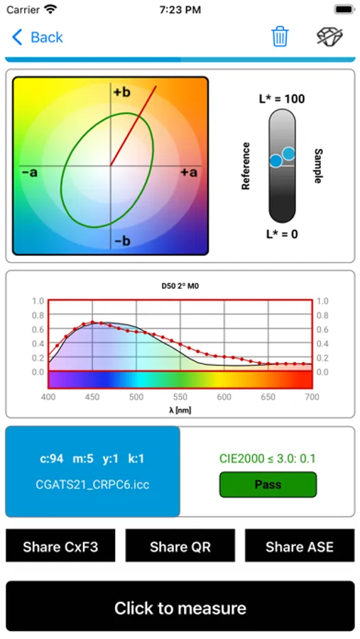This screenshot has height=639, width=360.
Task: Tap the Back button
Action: pyautogui.click(x=38, y=37)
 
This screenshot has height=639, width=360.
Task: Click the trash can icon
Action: pyautogui.click(x=280, y=37)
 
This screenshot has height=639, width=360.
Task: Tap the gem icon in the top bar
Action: pyautogui.click(x=330, y=37)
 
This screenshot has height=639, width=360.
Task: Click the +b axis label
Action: pyautogui.click(x=121, y=92)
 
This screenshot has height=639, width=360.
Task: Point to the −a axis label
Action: pyautogui.click(x=30, y=173)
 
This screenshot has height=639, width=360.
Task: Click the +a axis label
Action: pyautogui.click(x=188, y=173)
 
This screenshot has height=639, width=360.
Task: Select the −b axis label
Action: pyautogui.click(x=121, y=241)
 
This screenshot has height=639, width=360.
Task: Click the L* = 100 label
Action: pyautogui.click(x=282, y=99)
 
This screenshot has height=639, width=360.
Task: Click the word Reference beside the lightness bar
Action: pyautogui.click(x=246, y=166)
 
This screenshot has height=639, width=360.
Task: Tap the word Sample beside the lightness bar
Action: pyautogui.click(x=318, y=166)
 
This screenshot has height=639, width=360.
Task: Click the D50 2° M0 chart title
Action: pyautogui.click(x=180, y=288)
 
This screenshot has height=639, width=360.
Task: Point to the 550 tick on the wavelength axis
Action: pyautogui.click(x=180, y=397)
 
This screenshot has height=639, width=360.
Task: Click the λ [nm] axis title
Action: pyautogui.click(x=180, y=410)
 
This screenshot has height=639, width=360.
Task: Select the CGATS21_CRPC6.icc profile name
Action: pyautogui.click(x=92, y=485)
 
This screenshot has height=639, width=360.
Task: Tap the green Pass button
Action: pyautogui.click(x=268, y=485)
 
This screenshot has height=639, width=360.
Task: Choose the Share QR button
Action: pyautogui.click(x=180, y=547)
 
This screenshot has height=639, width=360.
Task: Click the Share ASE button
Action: pyautogui.click(x=299, y=547)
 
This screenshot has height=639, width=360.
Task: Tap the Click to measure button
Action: pyautogui.click(x=180, y=608)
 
